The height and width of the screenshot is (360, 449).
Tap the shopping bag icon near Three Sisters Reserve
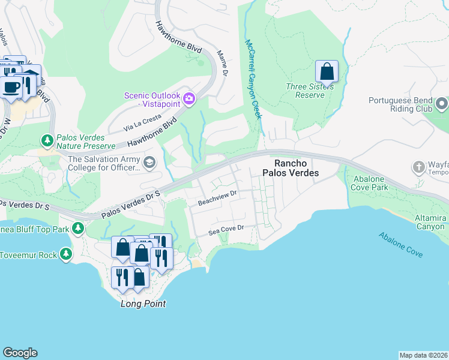point(327,71)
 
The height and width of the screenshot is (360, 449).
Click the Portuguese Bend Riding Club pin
point(442,104)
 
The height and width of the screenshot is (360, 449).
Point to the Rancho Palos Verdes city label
point(291,168)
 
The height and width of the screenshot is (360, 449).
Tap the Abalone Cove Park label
point(362,187)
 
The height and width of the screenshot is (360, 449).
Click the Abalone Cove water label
point(400,245)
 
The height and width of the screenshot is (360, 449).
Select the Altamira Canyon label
point(430,222)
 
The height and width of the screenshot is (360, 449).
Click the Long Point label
point(143,304)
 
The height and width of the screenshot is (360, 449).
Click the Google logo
point(20,353)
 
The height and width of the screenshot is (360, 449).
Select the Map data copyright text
point(423,355)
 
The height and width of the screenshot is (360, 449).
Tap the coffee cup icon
point(10,87)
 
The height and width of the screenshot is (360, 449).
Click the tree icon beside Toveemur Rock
point(65,255)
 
